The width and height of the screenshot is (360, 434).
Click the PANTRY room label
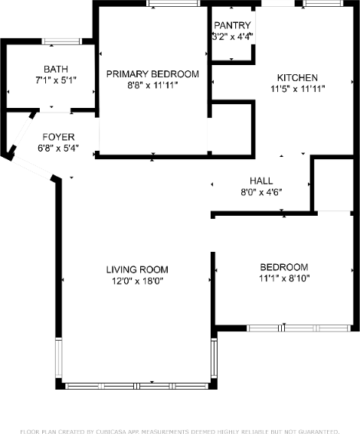click(x=232, y=25)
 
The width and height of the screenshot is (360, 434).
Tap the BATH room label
click(x=56, y=69)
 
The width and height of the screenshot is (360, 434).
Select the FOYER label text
click(x=58, y=137)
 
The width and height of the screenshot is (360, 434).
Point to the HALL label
click(x=261, y=181)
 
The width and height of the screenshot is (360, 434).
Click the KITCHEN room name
click(x=297, y=77)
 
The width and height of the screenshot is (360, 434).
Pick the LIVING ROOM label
click(x=137, y=269)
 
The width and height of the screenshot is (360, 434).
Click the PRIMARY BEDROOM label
click(x=152, y=74)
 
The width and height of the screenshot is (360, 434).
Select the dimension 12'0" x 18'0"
click(x=137, y=281)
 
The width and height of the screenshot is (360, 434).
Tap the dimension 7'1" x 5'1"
click(x=56, y=80)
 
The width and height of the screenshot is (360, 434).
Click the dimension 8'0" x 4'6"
click(x=261, y=192)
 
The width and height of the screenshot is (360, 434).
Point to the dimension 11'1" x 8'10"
click(x=284, y=278)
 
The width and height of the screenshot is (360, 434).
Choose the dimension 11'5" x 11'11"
click(x=297, y=89)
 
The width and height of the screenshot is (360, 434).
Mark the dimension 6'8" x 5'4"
click(x=58, y=148)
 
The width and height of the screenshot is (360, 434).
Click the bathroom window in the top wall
click(x=62, y=41)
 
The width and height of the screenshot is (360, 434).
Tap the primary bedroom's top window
click(x=173, y=3)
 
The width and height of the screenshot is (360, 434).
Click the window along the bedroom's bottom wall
click(x=299, y=328)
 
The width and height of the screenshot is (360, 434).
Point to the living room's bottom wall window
click(x=137, y=386)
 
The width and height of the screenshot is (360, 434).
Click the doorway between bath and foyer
click(x=55, y=111)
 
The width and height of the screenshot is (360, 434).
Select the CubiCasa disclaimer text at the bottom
click(x=180, y=432)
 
